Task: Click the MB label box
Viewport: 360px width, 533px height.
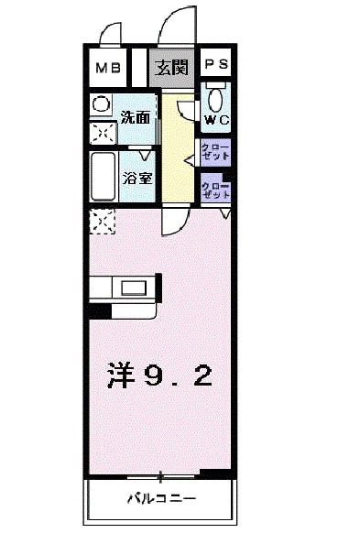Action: (x=108, y=66)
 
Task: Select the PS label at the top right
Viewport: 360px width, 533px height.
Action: (x=216, y=65)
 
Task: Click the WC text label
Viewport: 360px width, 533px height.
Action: (x=216, y=119)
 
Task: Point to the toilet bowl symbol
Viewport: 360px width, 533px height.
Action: (x=216, y=99)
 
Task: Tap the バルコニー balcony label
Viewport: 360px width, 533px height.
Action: (x=160, y=499)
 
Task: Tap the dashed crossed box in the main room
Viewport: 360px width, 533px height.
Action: (x=101, y=221)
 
